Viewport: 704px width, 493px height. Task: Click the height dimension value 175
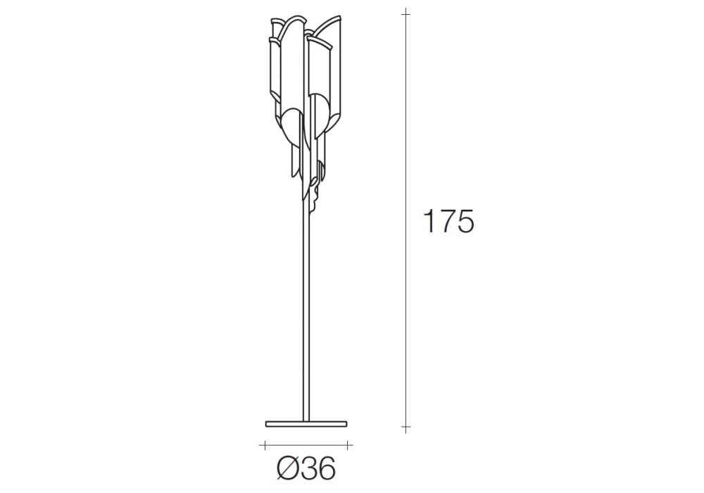(448, 220)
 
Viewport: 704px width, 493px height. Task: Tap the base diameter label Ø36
(306, 469)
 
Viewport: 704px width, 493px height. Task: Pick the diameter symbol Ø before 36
(287, 469)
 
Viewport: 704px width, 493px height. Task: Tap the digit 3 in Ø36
(308, 469)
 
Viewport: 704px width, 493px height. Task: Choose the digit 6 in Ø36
(327, 469)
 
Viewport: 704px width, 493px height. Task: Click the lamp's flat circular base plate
(306, 423)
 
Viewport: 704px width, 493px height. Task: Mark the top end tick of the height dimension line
(406, 14)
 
